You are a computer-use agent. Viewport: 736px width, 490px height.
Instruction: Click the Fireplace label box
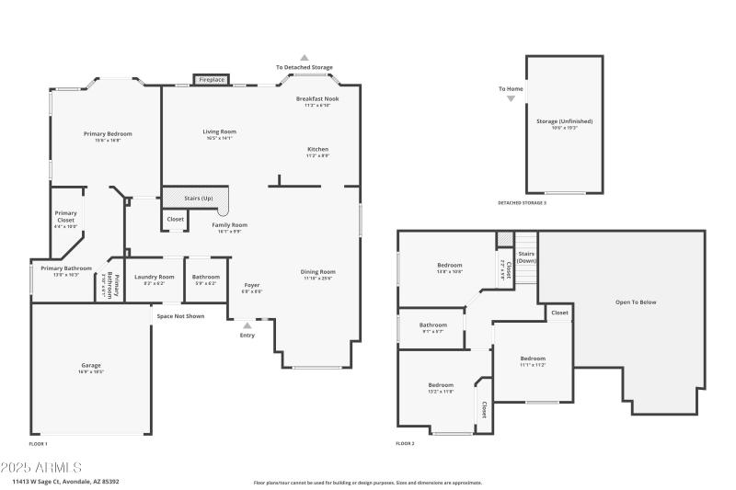pos(212,80)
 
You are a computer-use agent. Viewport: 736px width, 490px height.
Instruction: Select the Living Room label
pos(220,131)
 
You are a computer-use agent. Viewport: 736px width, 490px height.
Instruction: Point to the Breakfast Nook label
pos(317,98)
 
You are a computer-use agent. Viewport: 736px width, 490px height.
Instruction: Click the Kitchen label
pos(317,149)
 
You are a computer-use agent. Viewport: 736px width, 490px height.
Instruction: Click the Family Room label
pos(230,225)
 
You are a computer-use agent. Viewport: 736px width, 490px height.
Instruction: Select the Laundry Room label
pos(154,277)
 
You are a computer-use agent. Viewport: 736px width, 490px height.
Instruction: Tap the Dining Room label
pos(318,271)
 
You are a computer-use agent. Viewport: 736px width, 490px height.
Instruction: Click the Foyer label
pos(252,285)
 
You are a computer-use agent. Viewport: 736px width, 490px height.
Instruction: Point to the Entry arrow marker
pos(247,325)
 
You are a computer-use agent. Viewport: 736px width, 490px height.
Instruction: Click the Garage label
pos(91,365)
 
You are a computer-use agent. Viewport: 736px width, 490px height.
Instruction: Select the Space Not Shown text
pos(180,316)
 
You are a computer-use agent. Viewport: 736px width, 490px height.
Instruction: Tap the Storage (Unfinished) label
pos(564,121)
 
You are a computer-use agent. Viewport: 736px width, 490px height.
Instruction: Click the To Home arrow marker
pos(512,97)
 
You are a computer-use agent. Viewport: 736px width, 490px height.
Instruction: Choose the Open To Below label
pos(636,302)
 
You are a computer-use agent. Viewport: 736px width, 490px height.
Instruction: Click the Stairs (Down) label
pos(526,256)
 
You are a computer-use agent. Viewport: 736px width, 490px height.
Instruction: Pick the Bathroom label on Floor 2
pos(432,325)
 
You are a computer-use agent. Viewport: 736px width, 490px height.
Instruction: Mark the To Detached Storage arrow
pos(305,57)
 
